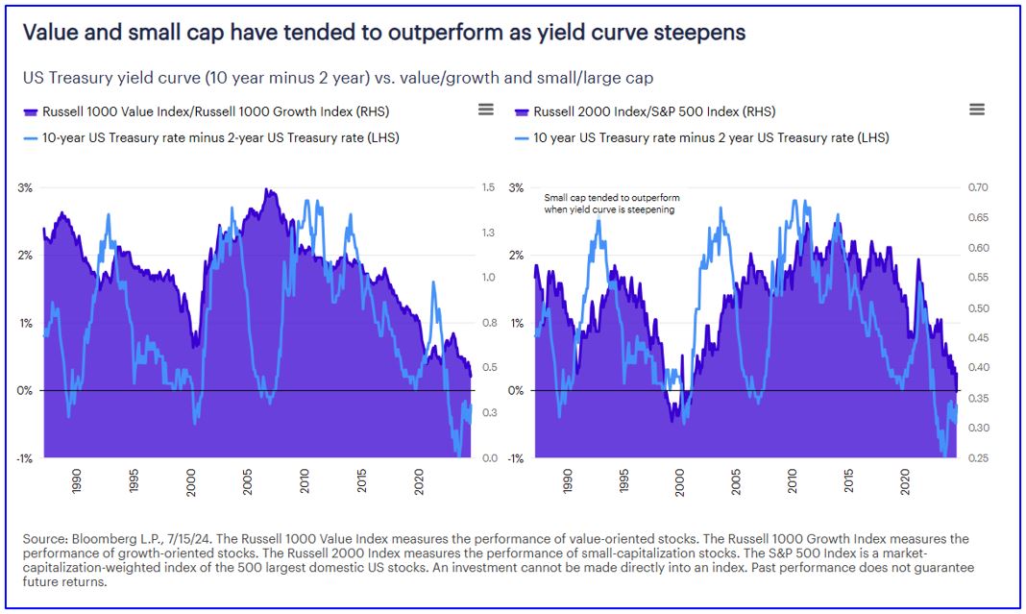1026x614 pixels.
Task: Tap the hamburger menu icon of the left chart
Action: pyautogui.click(x=486, y=110)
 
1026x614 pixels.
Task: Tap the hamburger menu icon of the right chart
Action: pyautogui.click(x=977, y=110)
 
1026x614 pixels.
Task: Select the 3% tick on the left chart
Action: pyautogui.click(x=25, y=187)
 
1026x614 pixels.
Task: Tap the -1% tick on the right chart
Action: pyautogui.click(x=516, y=458)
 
